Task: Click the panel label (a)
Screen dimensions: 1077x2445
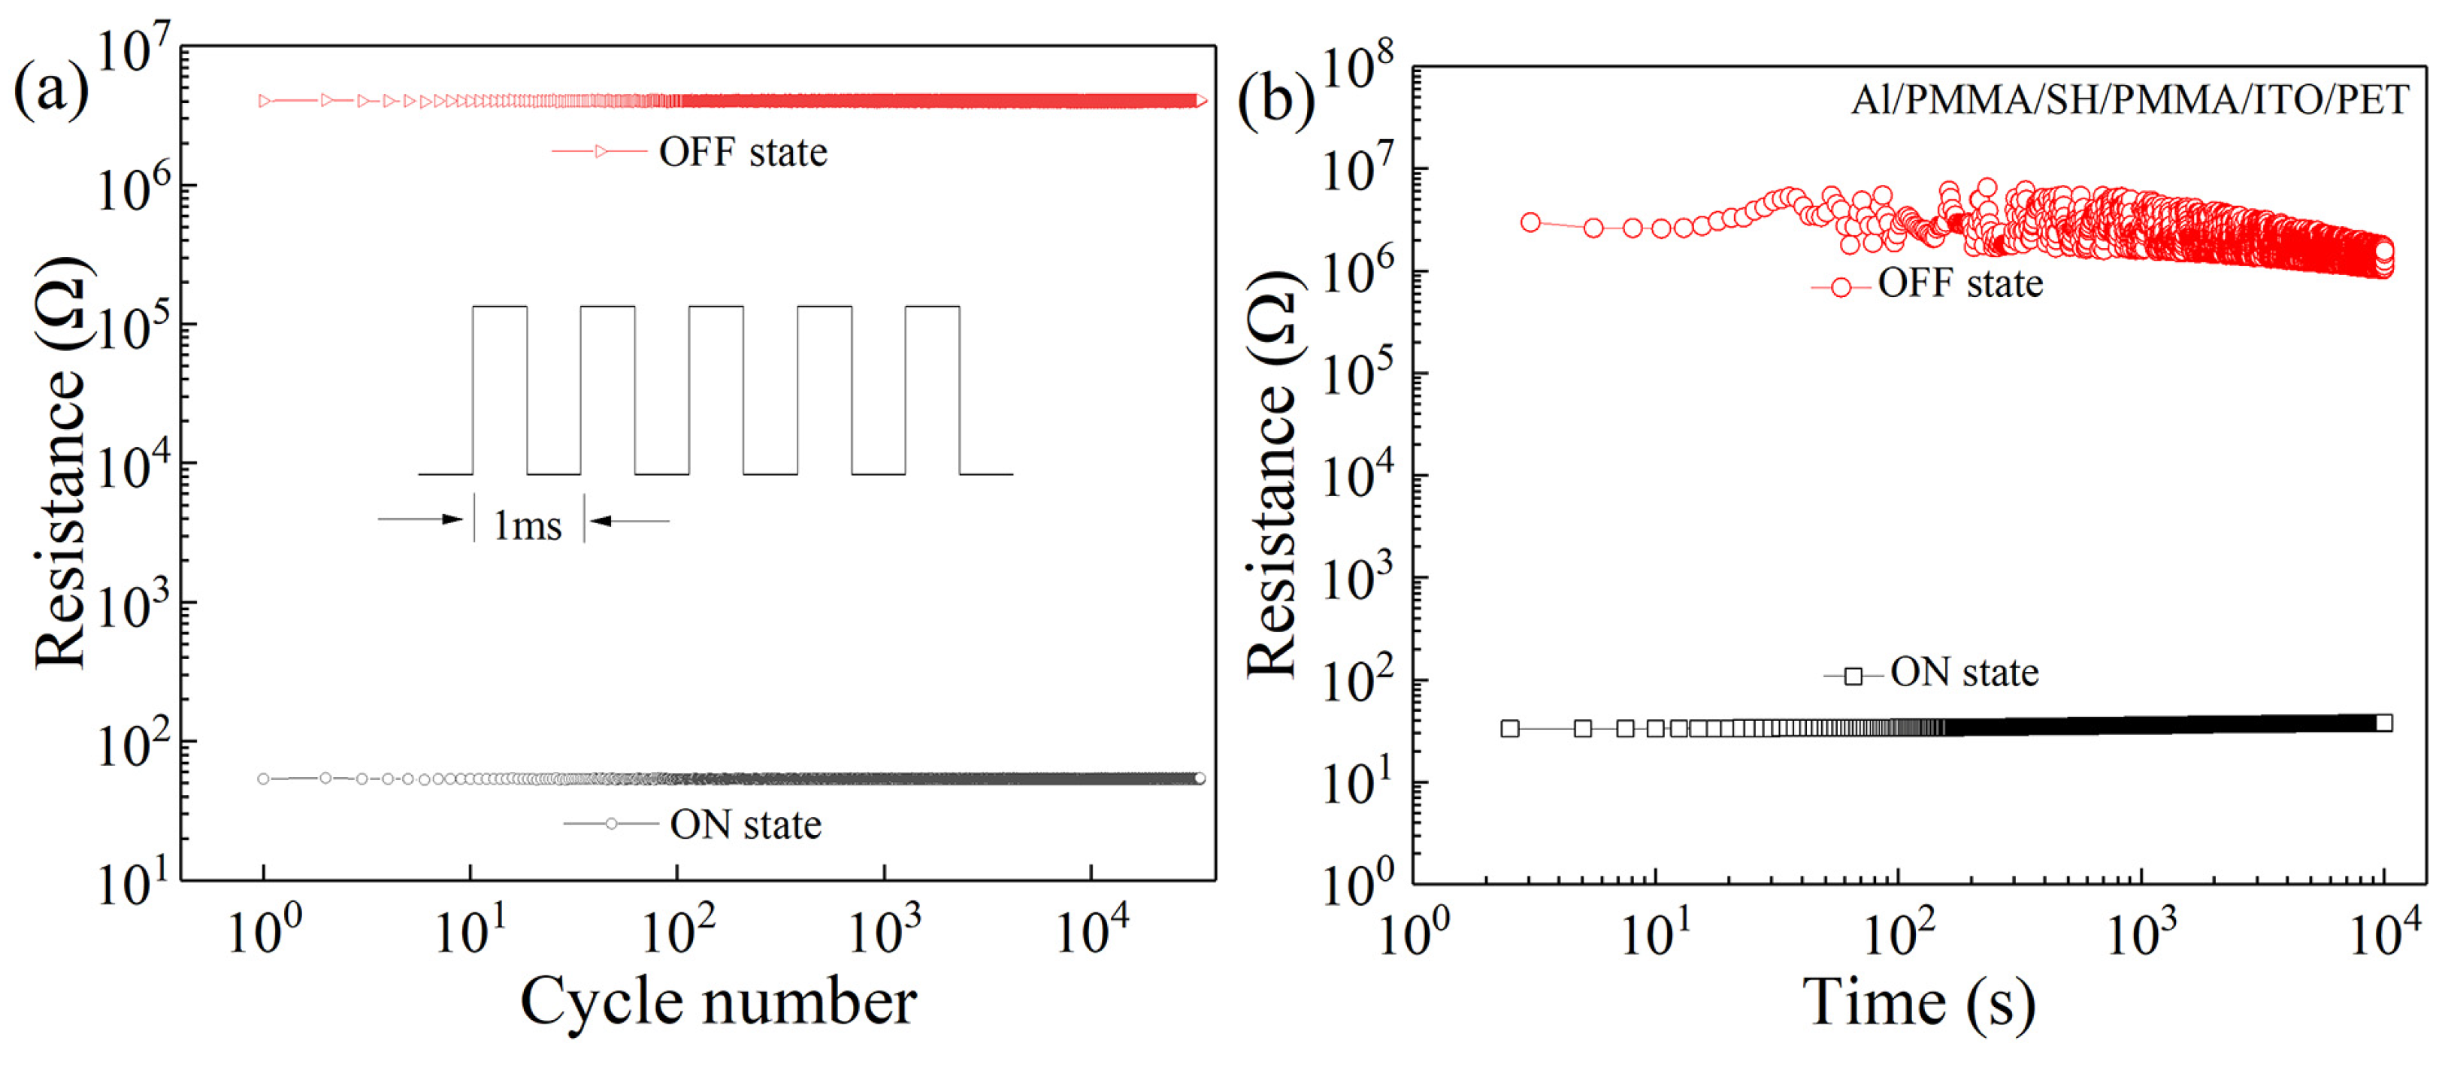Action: click(50, 90)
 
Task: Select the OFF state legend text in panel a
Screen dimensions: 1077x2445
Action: click(743, 152)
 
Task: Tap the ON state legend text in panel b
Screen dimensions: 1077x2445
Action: click(1964, 673)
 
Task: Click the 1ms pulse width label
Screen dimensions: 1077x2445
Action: click(528, 525)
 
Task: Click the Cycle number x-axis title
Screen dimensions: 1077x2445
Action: click(718, 1001)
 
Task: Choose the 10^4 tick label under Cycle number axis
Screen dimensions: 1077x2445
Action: click(1091, 930)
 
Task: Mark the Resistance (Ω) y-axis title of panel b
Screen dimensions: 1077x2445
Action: click(1272, 474)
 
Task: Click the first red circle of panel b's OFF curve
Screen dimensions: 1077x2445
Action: click(1530, 222)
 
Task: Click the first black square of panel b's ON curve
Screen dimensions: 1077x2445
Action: click(1509, 729)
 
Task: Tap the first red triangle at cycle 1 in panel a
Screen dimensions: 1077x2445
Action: click(265, 101)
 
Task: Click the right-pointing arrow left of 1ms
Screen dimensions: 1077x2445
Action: click(420, 519)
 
